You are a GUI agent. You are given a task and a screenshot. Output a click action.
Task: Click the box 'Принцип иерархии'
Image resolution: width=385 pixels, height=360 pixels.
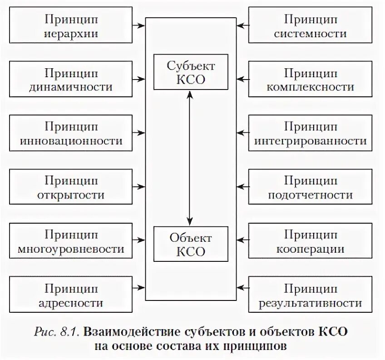71,25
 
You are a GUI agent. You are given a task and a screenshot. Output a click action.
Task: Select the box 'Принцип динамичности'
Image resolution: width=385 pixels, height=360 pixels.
71,80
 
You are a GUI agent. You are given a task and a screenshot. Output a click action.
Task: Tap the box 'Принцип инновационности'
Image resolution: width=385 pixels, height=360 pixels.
71,134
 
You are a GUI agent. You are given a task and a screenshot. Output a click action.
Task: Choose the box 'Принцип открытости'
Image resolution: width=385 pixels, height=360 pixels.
71,188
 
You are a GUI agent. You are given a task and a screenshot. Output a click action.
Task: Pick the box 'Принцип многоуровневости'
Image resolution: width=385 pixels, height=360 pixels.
71,241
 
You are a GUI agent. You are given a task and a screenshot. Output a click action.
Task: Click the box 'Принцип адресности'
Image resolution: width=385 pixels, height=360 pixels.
71,295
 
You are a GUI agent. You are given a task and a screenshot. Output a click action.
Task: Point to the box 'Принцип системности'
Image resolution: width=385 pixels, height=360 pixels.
311,25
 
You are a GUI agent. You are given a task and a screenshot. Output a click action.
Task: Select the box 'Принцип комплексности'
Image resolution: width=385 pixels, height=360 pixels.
311,80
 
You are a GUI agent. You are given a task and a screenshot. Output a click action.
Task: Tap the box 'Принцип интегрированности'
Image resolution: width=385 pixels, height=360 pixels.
311,134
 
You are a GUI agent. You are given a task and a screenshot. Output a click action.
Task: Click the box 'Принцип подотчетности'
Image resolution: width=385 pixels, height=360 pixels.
311,188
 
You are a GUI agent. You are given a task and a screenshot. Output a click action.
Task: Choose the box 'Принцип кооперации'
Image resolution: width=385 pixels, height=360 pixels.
311,241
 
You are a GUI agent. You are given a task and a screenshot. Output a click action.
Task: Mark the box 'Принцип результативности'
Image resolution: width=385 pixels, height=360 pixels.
311,295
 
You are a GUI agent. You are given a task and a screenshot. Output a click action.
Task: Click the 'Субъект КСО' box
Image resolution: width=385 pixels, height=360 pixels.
191,72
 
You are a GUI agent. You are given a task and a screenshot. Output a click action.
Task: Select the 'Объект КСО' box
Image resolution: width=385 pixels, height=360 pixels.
191,244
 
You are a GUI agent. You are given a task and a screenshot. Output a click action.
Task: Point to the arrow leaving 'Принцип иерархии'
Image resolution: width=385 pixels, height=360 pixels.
139,25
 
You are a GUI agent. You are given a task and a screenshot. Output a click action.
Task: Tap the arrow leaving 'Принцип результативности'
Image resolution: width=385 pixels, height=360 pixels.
243,287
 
